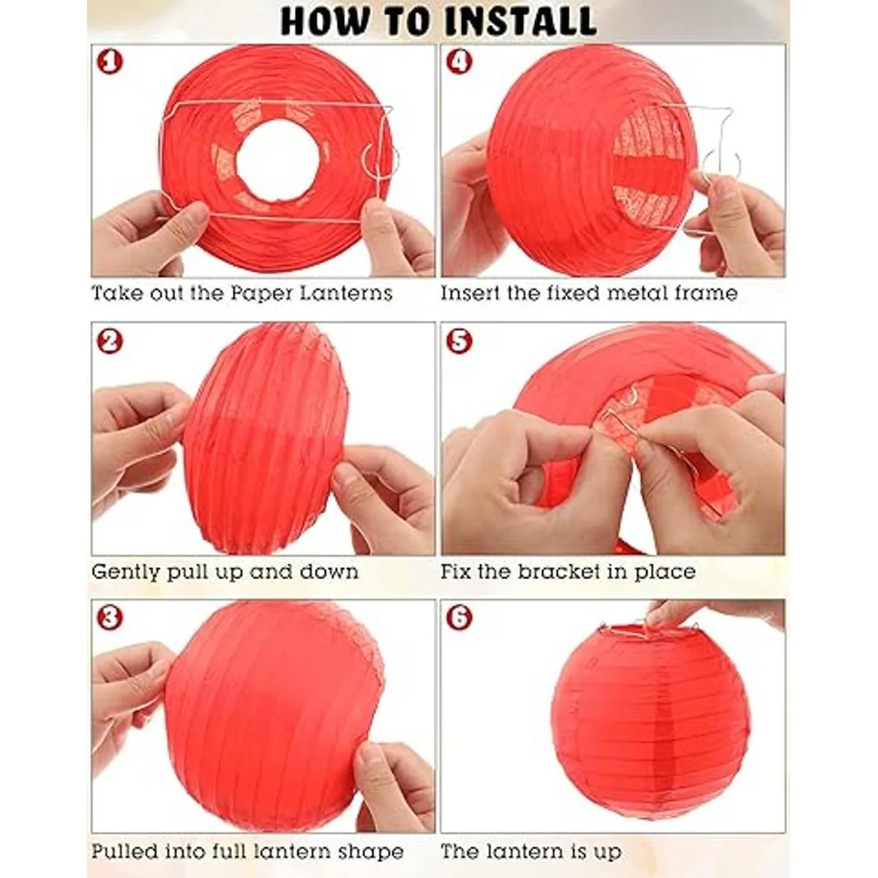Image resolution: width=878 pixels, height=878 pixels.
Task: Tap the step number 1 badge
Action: tap(110, 62)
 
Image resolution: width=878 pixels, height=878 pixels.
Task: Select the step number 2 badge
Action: tap(110, 341)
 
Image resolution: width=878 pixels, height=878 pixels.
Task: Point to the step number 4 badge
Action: tap(459, 62)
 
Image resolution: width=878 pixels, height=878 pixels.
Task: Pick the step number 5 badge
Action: tap(459, 341)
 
